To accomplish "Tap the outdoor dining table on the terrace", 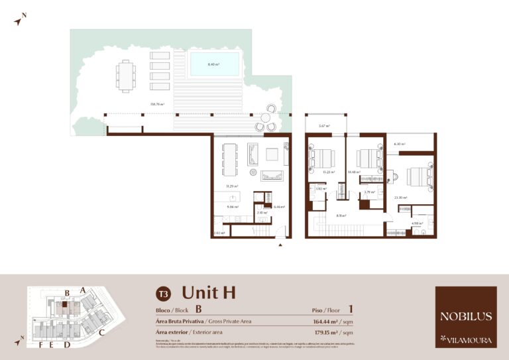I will [x=125, y=75].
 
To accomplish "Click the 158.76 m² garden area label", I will [x=158, y=104].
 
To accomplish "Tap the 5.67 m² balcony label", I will [x=324, y=126].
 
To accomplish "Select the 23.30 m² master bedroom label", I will [x=400, y=197].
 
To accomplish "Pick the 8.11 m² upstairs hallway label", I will [x=341, y=215].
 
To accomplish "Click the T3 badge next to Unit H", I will [x=162, y=293].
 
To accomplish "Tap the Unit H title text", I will [x=209, y=292].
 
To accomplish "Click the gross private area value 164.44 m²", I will [x=329, y=322].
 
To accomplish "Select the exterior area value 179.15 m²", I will [x=329, y=332].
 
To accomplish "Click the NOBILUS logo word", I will [x=466, y=316].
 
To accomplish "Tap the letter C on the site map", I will [x=101, y=332].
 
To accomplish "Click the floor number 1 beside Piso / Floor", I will [x=350, y=309].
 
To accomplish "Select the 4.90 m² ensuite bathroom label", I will [x=416, y=223].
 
